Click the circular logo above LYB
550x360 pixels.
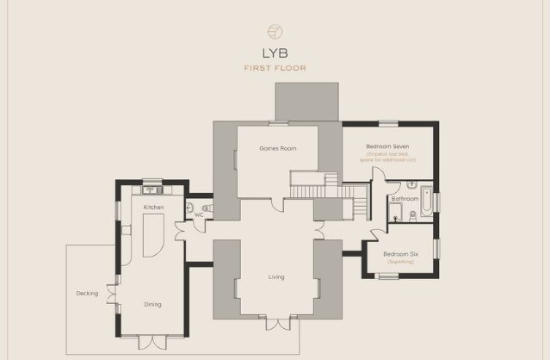pyautogui.click(x=275, y=31)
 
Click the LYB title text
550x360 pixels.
pyautogui.click(x=275, y=53)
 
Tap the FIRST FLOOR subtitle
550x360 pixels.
pyautogui.click(x=275, y=68)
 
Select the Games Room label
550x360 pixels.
pyautogui.click(x=277, y=148)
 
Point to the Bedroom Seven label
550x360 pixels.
pyautogui.click(x=387, y=146)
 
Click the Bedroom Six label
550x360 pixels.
pyautogui.click(x=399, y=254)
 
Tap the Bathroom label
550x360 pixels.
pyautogui.click(x=405, y=199)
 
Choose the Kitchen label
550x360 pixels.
pyautogui.click(x=153, y=208)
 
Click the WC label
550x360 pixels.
pyautogui.click(x=199, y=214)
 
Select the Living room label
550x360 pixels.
pyautogui.click(x=276, y=276)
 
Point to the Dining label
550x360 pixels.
pyautogui.click(x=152, y=304)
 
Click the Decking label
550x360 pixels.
pyautogui.click(x=87, y=293)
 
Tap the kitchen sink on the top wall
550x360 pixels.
pyautogui.click(x=152, y=189)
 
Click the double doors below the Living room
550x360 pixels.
pyautogui.click(x=276, y=325)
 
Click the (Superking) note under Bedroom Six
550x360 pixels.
pyautogui.click(x=399, y=262)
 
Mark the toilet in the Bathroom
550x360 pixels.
pyautogui.click(x=411, y=216)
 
